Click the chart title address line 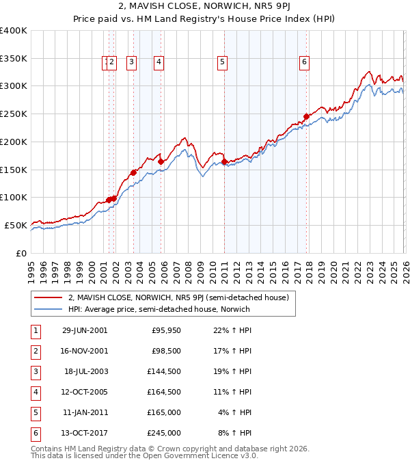pyautogui.click(x=204, y=8)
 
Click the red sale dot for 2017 pyautogui.click(x=306, y=117)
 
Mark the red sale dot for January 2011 pyautogui.click(x=225, y=161)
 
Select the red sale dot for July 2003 pyautogui.click(x=134, y=173)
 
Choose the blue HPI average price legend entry pyautogui.click(x=159, y=309)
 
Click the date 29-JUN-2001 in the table pyautogui.click(x=85, y=330)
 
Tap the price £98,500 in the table pyautogui.click(x=166, y=351)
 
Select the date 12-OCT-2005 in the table pyautogui.click(x=85, y=392)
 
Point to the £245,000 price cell pyautogui.click(x=163, y=433)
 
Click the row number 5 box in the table pyautogui.click(x=33, y=412)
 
